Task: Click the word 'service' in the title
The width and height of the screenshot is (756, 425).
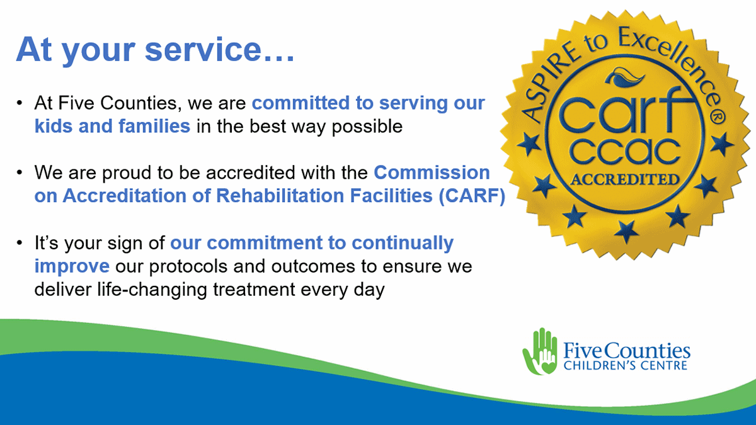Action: click(203, 50)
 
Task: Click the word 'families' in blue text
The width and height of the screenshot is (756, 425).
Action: click(154, 126)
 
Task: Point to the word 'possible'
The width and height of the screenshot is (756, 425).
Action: click(367, 127)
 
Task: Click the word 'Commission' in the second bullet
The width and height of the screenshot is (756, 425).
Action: click(432, 173)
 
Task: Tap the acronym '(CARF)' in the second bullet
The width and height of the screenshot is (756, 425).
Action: click(472, 196)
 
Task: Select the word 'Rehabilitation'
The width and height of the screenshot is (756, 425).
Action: click(280, 196)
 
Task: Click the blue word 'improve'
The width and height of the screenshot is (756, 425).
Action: click(72, 266)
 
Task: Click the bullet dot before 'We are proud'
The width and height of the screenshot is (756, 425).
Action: click(20, 173)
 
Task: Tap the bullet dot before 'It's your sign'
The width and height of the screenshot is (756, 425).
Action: click(20, 242)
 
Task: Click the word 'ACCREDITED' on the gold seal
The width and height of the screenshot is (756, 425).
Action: click(625, 179)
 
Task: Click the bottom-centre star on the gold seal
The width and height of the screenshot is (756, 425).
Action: click(626, 232)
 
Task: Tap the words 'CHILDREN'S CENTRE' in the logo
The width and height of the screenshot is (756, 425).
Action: click(625, 365)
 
